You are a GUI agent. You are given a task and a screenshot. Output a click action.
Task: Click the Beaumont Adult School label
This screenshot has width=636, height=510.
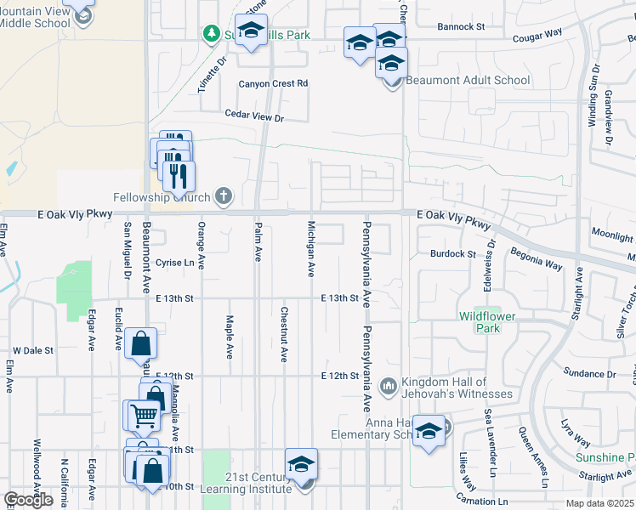tap(468, 81)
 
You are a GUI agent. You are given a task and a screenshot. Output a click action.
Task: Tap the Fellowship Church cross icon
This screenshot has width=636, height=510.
tap(224, 197)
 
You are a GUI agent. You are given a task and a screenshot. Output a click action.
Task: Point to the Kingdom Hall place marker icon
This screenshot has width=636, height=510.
tap(389, 387)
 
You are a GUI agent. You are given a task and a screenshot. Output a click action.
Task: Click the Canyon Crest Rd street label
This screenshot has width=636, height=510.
tap(272, 84)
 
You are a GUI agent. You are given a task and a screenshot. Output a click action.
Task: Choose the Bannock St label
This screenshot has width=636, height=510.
tap(460, 27)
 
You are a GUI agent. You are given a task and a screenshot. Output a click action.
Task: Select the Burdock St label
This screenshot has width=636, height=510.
tap(452, 254)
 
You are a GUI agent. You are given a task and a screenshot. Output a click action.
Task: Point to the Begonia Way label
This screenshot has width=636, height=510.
tap(536, 259)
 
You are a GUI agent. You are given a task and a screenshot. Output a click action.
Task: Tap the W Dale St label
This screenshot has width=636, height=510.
tap(33, 350)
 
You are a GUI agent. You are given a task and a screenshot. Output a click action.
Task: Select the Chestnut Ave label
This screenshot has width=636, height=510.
tap(284, 334)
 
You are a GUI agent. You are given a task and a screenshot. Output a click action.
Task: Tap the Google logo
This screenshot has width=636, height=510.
tap(27, 500)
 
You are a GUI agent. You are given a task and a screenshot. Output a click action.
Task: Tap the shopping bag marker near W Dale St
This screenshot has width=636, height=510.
tap(141, 344)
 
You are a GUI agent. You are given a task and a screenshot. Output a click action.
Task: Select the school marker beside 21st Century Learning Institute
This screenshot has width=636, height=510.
tap(301, 465)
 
